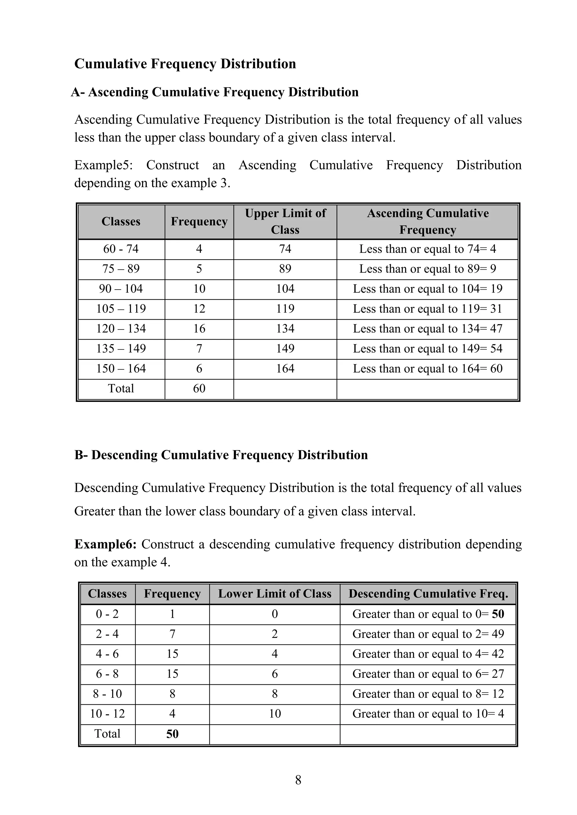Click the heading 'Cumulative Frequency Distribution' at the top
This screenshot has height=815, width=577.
(185, 64)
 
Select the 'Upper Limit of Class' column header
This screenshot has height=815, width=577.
(285, 221)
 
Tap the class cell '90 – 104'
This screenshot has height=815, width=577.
(121, 288)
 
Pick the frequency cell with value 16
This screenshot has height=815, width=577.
(199, 328)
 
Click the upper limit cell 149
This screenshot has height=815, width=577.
(285, 348)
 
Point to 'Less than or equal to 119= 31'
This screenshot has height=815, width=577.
(427, 308)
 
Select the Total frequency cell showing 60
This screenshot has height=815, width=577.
(199, 388)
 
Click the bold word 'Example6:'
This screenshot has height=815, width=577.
(105, 544)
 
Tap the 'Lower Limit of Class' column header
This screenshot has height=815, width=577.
(275, 594)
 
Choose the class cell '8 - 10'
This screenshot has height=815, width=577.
(107, 694)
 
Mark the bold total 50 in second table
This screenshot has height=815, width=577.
(172, 734)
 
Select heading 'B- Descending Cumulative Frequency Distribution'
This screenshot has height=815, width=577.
(221, 455)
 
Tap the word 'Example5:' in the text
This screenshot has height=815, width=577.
(103, 165)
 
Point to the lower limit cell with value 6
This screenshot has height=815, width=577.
(275, 674)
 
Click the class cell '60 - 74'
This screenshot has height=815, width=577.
(121, 249)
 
